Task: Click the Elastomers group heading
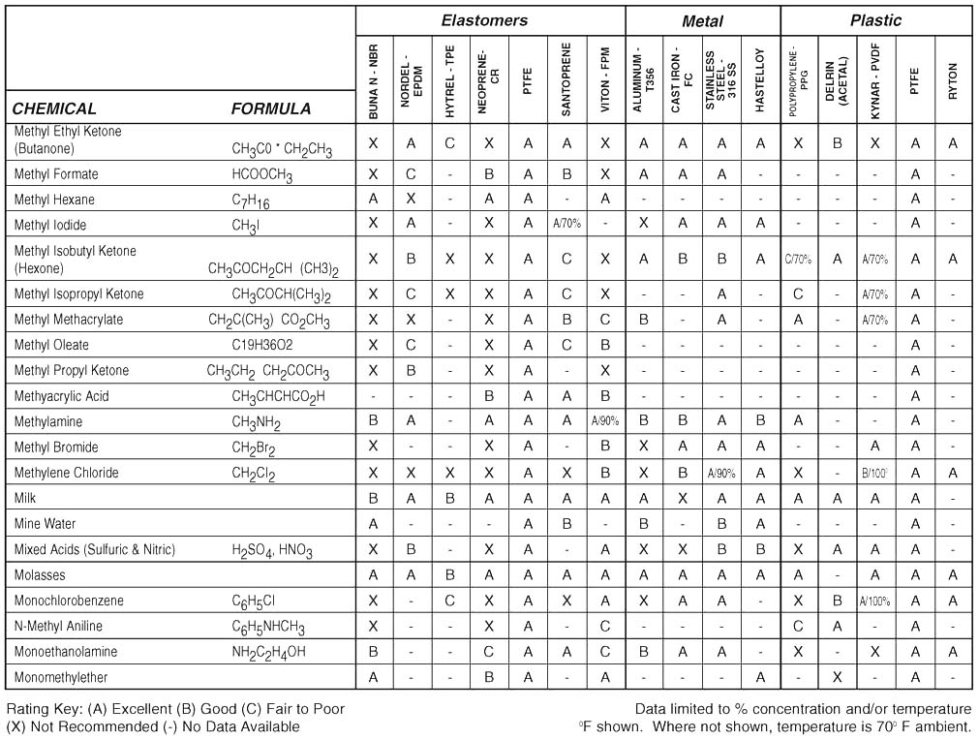point(484,19)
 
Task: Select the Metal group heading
point(702,20)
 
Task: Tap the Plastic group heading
point(875,19)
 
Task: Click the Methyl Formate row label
point(56,174)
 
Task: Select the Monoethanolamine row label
point(63,651)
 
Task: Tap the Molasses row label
point(41,574)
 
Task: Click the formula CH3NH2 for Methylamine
point(256,422)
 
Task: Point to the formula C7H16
point(250,200)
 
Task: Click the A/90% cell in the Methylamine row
point(605,421)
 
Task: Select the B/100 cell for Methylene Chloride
point(875,473)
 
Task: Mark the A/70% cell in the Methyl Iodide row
point(566,225)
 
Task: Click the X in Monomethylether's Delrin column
point(838,677)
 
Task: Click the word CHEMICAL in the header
point(54,108)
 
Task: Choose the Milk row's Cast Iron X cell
point(683,498)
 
